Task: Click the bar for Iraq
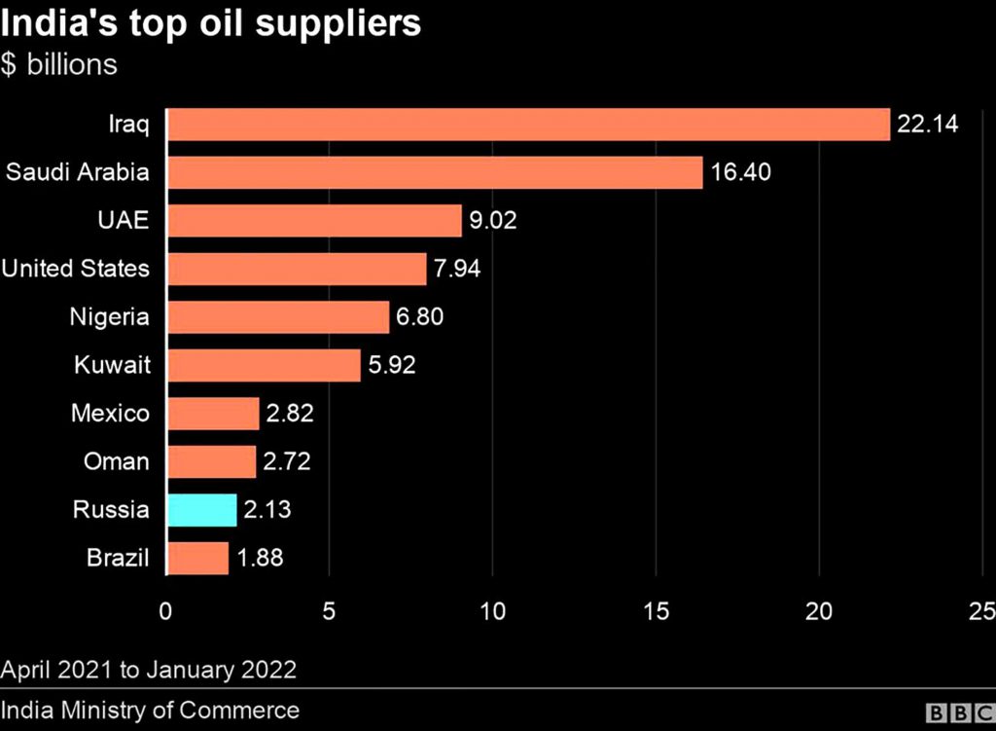(528, 125)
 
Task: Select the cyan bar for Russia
(202, 510)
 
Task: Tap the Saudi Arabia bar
(435, 172)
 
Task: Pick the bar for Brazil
(198, 559)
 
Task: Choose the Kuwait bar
(264, 365)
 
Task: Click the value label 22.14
(928, 125)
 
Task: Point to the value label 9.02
(493, 221)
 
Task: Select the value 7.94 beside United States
(458, 269)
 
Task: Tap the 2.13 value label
(268, 510)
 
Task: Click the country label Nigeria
(110, 317)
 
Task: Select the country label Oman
(116, 461)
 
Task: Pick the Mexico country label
(111, 414)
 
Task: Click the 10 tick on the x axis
(493, 610)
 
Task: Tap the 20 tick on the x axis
(820, 610)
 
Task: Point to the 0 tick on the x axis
(166, 610)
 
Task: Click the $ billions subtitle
(59, 65)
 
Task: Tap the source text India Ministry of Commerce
(150, 710)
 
